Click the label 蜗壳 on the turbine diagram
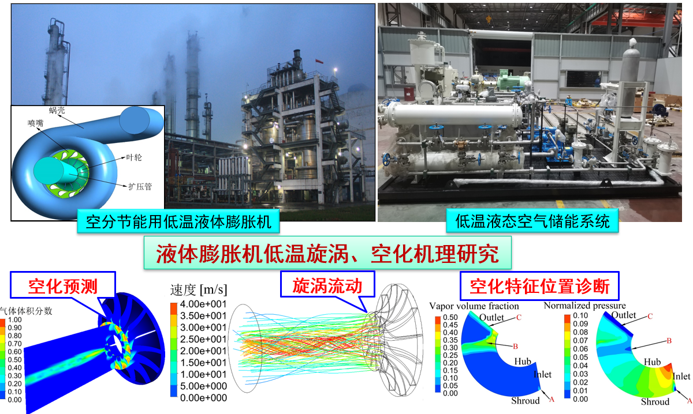point(57,110)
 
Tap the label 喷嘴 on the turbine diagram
point(36,123)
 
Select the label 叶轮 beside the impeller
point(134,157)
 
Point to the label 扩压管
point(140,186)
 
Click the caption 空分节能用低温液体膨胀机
point(178,221)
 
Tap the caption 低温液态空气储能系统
point(532,221)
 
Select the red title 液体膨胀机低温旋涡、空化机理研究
point(327,253)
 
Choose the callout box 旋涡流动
point(327,284)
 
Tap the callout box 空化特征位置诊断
point(539,286)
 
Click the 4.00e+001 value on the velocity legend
point(203,304)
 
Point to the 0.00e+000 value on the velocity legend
point(203,398)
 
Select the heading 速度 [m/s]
point(198,290)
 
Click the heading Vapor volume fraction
point(474,306)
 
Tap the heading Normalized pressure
point(584,305)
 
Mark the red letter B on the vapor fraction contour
point(515,347)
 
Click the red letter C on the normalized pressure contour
point(650,317)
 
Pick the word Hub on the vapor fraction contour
point(523,361)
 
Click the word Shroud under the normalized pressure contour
point(655,402)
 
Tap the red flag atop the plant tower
point(319,61)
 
